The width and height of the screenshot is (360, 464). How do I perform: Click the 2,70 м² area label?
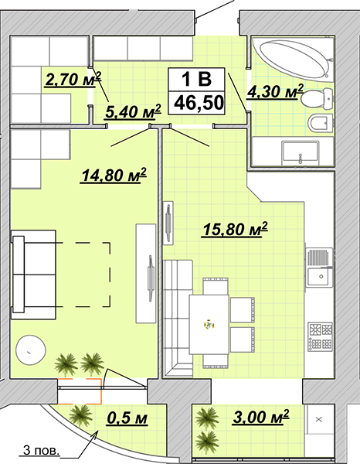(x=73, y=79)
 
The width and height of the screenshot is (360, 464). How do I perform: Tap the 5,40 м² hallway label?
(x=134, y=111)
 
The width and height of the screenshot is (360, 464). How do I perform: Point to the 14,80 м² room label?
(x=114, y=176)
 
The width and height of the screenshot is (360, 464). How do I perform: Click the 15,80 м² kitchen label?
(x=235, y=229)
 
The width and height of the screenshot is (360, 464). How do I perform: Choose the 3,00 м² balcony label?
(x=261, y=417)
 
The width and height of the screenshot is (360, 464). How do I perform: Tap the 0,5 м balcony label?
(x=127, y=418)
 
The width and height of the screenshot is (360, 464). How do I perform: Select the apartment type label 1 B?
(x=196, y=80)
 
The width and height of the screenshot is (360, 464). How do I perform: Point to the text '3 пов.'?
(x=41, y=451)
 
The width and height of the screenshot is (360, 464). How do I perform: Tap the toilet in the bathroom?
(x=318, y=97)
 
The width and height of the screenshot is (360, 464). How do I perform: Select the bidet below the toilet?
(x=321, y=123)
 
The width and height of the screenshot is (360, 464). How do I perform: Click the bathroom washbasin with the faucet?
(x=301, y=153)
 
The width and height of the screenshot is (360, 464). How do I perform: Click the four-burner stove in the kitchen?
(x=321, y=336)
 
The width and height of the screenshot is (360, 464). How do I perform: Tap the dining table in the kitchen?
(x=209, y=325)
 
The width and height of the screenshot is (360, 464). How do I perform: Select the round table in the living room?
(x=31, y=350)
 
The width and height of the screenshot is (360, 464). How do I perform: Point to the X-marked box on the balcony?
(x=319, y=419)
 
